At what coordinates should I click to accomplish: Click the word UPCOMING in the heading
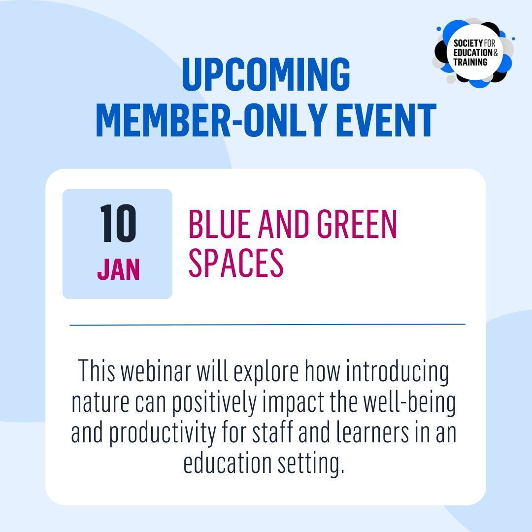(266, 75)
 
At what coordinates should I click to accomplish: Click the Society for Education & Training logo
(473, 53)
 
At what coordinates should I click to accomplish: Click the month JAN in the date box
(118, 269)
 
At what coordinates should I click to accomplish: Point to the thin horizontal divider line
(267, 325)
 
